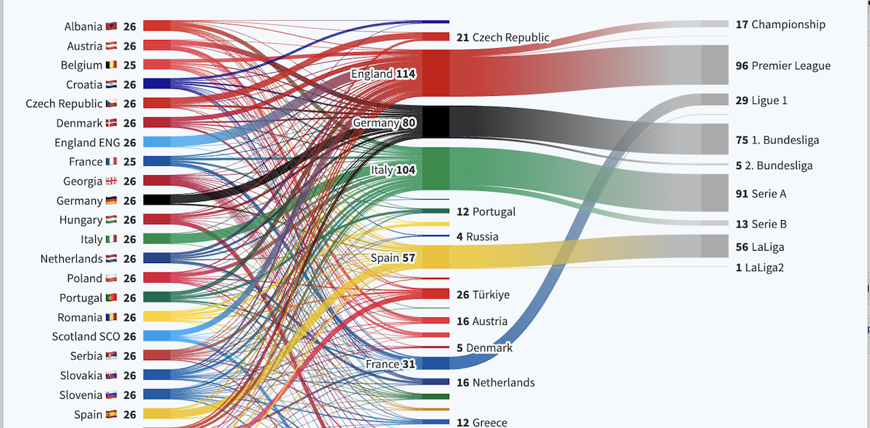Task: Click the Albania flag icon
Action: (x=111, y=26)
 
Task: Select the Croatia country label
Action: (x=84, y=85)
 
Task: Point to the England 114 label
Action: (x=383, y=73)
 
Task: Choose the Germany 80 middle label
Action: (x=384, y=123)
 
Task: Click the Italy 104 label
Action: (x=393, y=170)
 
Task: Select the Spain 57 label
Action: (x=392, y=258)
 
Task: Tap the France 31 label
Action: (x=390, y=364)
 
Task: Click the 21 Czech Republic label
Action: (x=503, y=37)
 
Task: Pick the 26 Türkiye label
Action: (x=483, y=295)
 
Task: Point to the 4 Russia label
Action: (x=477, y=236)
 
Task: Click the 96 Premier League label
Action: (x=783, y=66)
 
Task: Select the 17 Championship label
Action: (x=780, y=24)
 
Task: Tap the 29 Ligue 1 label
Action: (x=761, y=101)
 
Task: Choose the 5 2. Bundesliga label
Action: (x=774, y=166)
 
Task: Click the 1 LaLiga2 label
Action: (x=759, y=268)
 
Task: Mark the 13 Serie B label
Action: (x=761, y=224)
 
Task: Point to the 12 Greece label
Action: (x=482, y=423)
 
